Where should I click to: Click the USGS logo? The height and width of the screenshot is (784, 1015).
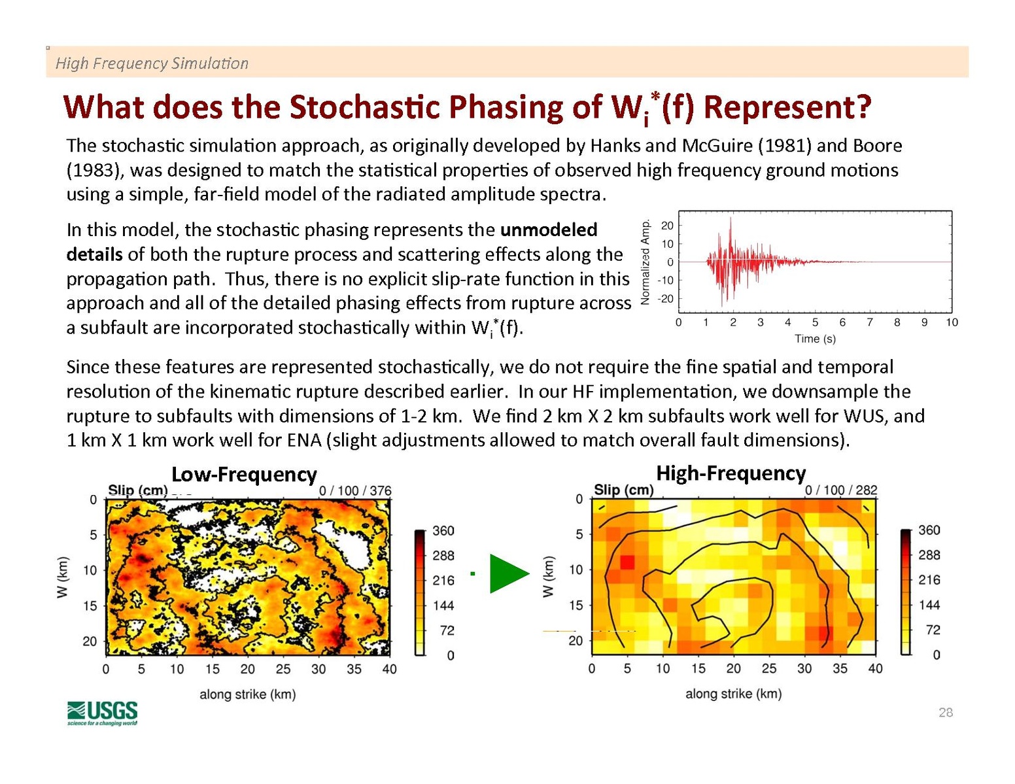click(x=102, y=713)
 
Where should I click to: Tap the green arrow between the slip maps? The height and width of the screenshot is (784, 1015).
click(x=507, y=573)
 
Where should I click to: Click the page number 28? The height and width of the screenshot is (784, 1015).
click(x=945, y=713)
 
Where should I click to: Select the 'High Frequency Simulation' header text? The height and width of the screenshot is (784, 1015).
click(x=152, y=63)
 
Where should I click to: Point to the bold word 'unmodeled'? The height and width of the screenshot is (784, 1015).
click(x=549, y=230)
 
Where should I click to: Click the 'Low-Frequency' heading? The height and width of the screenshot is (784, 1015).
click(x=244, y=475)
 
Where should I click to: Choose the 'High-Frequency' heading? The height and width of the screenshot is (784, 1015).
click(x=731, y=473)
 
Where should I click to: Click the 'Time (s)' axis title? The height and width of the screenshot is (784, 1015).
click(x=815, y=339)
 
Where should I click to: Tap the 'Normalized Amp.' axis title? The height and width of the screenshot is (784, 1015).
click(x=645, y=262)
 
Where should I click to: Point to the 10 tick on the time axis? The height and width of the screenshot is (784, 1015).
click(x=952, y=322)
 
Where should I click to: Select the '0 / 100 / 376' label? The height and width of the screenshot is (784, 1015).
click(x=355, y=491)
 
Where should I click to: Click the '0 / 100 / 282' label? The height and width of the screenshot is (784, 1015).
click(x=841, y=490)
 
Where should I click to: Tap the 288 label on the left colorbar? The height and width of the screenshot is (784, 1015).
click(x=443, y=556)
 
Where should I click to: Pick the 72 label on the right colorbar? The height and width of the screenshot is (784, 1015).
click(x=933, y=630)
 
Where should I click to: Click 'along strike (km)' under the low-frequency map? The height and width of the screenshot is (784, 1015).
click(x=247, y=694)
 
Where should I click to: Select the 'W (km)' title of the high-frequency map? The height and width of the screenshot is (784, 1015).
click(x=548, y=577)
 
